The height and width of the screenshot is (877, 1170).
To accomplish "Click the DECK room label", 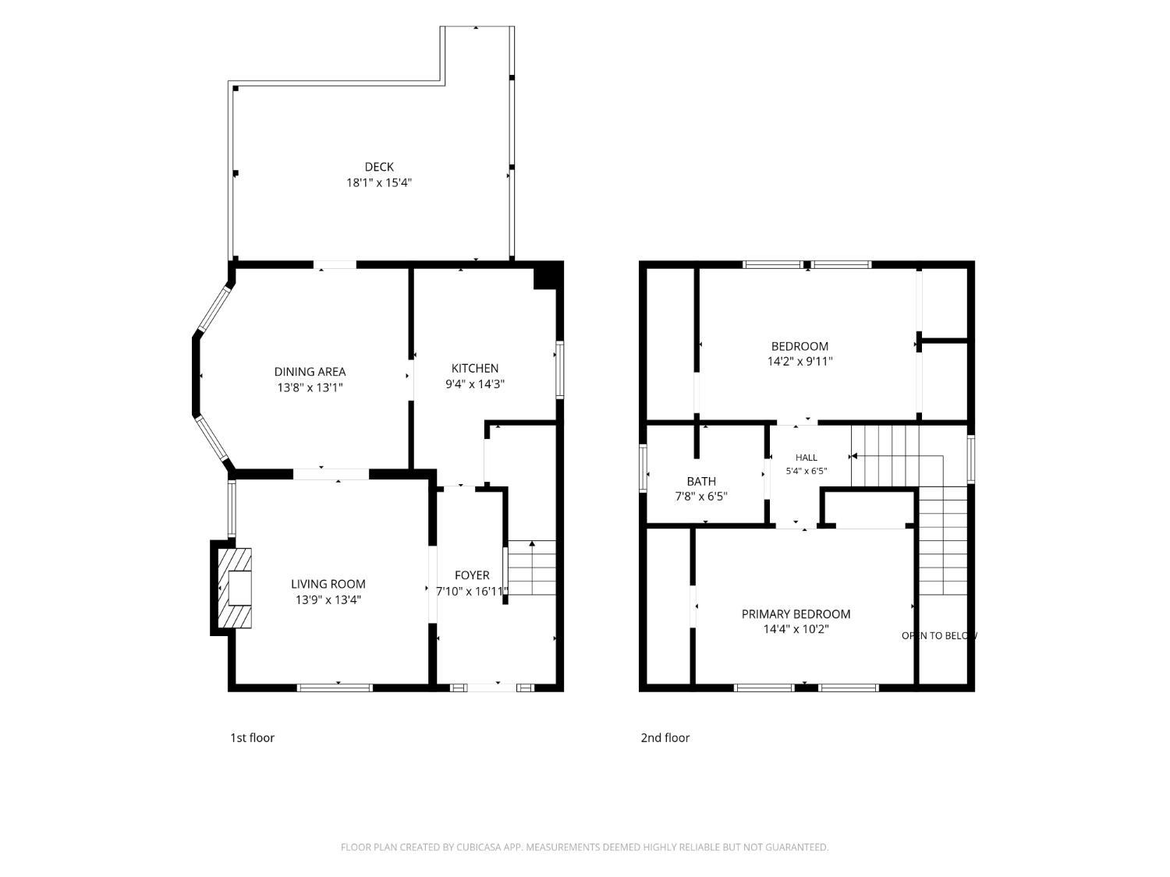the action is pos(379,167).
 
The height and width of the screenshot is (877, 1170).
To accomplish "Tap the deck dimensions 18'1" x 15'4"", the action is pos(379,183).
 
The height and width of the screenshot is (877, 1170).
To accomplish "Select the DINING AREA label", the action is pos(310,372).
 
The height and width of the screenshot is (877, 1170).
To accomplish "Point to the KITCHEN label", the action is pos(475,369).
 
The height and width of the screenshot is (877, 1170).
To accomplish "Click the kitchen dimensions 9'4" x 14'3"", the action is pos(475,384).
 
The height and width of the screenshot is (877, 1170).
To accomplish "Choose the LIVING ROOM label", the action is pos(328,584).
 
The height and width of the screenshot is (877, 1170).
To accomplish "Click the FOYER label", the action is pos(472,575).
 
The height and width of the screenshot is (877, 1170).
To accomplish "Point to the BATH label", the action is pos(701,481).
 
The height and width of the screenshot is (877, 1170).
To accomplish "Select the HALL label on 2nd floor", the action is pos(807,458).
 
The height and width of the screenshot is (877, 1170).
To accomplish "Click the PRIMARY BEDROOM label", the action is pos(796,614).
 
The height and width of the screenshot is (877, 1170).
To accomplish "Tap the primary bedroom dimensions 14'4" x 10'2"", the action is pos(796,629).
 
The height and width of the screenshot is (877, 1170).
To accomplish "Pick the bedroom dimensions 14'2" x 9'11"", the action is pos(799,362).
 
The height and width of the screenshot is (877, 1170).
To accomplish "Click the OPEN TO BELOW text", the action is pos(939,636).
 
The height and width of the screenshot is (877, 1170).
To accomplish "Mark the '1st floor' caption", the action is pos(252,738).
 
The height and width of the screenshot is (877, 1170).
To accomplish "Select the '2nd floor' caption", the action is pos(665,738).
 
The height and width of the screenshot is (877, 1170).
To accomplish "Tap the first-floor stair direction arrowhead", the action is pos(532,543).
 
